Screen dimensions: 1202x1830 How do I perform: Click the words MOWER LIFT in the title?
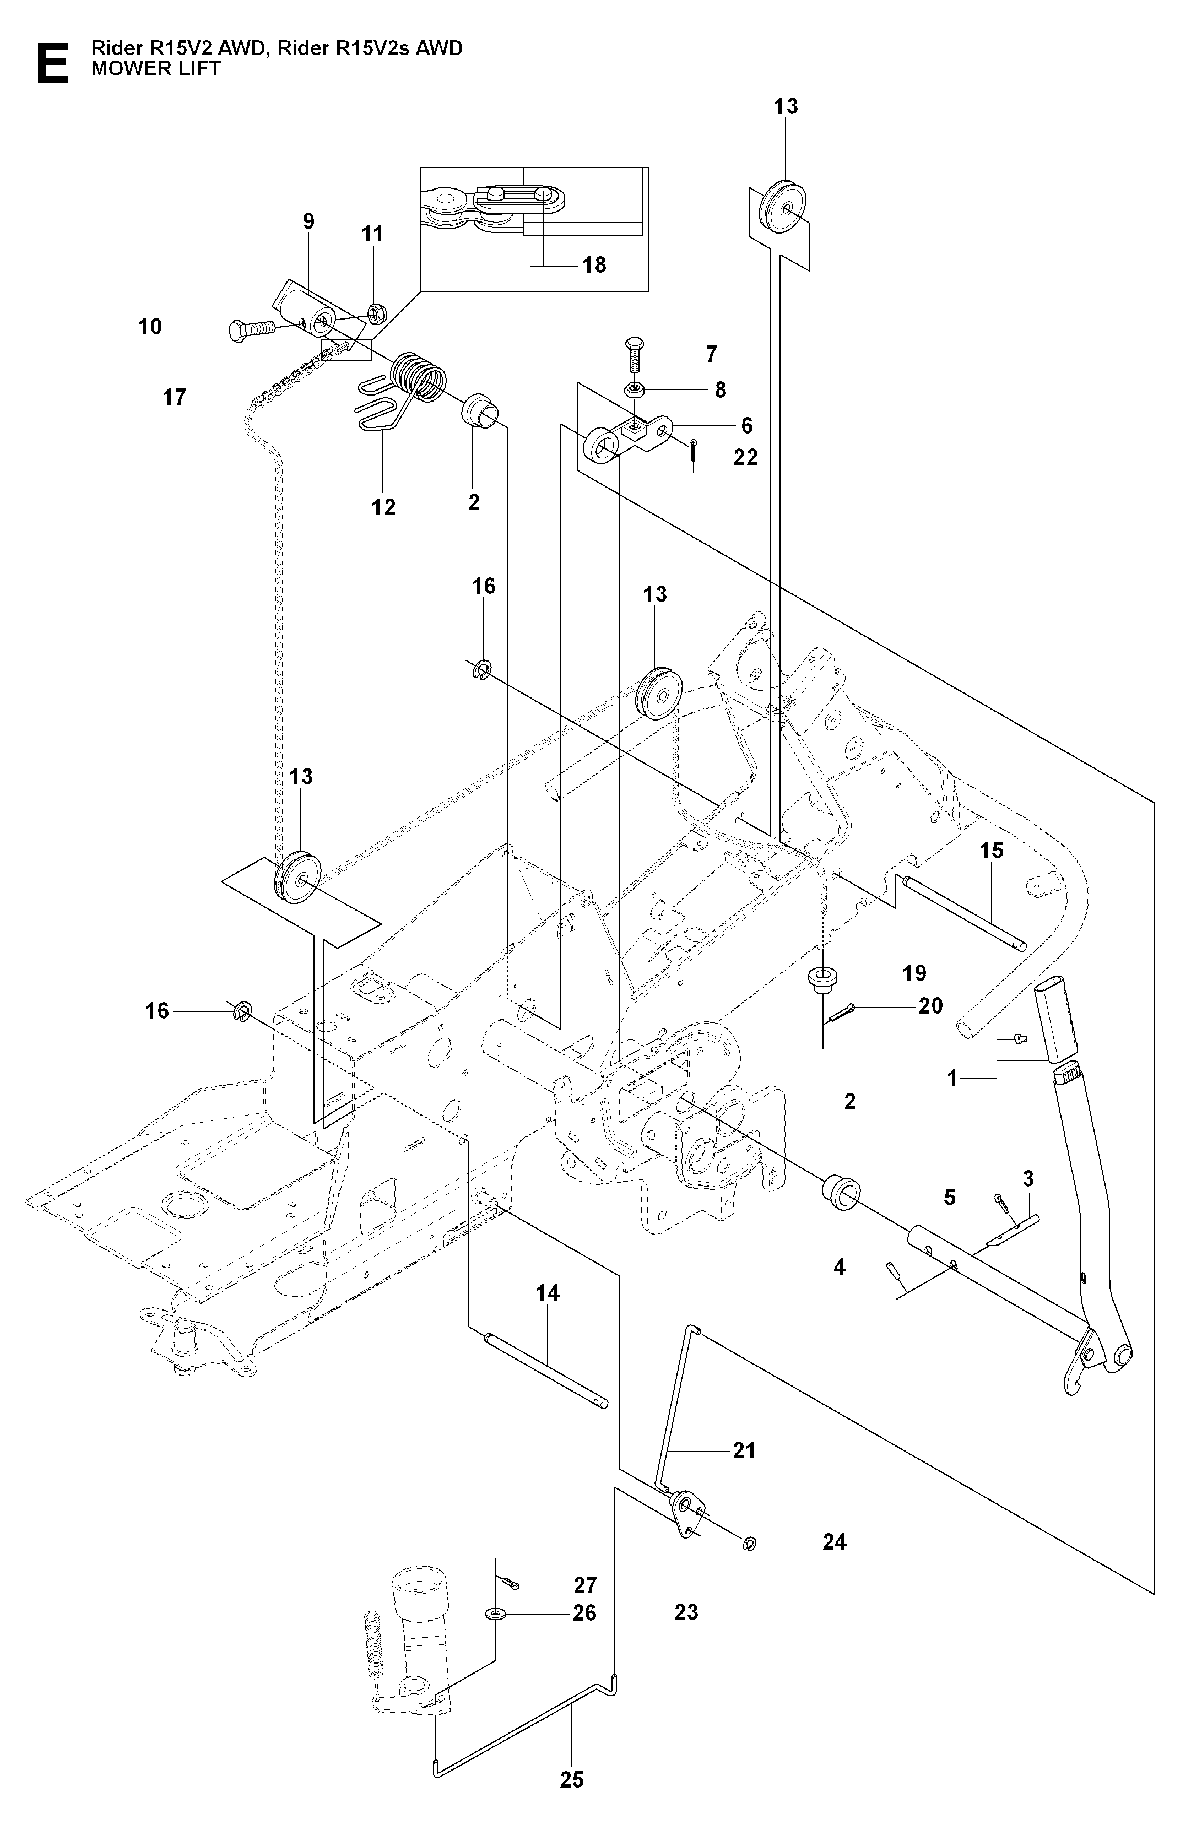(156, 69)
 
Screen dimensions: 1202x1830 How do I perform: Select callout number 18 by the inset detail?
(594, 266)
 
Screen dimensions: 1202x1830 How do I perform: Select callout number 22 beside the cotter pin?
(746, 457)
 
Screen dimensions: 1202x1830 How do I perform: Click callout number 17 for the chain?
(175, 398)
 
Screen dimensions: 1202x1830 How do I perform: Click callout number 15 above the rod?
(992, 851)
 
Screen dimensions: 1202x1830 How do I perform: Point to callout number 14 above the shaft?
(548, 1293)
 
